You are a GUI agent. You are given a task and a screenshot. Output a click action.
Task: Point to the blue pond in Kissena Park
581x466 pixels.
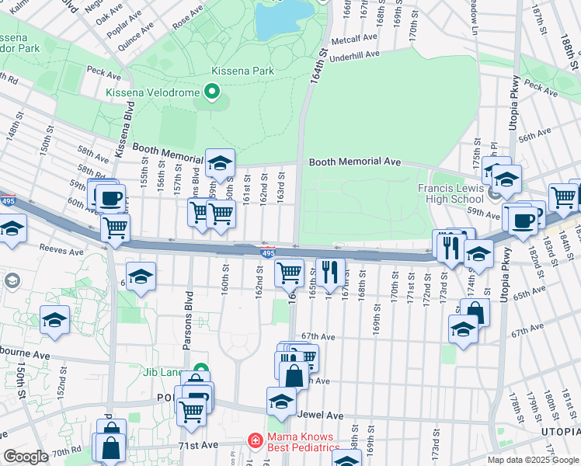click(282, 19)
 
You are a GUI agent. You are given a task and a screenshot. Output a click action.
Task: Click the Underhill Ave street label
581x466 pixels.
click(353, 56)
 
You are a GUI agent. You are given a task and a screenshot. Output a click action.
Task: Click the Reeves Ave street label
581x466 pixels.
click(64, 252)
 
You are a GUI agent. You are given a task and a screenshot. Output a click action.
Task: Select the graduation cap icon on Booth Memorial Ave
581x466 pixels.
click(220, 163)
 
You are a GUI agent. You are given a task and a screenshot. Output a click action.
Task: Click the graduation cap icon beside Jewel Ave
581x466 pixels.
click(281, 401)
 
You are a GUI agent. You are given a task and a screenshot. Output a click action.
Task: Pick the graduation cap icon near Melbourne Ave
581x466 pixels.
click(54, 320)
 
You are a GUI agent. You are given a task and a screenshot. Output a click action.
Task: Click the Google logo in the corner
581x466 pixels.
click(26, 457)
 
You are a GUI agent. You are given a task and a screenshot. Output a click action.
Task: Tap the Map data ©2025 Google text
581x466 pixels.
click(533, 459)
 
